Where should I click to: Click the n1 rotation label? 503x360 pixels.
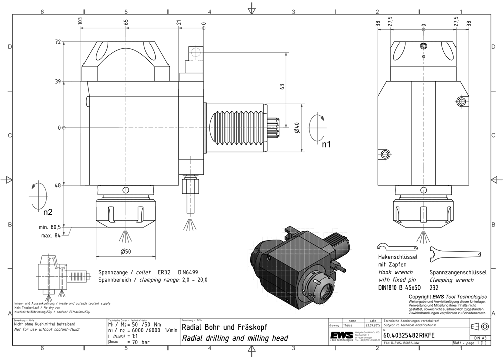[x=327, y=145]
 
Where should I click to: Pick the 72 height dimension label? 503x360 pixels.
[x=57, y=42]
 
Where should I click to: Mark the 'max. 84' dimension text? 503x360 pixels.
[x=51, y=234]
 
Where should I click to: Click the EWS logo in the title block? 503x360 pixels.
[x=342, y=336]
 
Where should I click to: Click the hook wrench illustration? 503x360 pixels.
[x=397, y=248]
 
